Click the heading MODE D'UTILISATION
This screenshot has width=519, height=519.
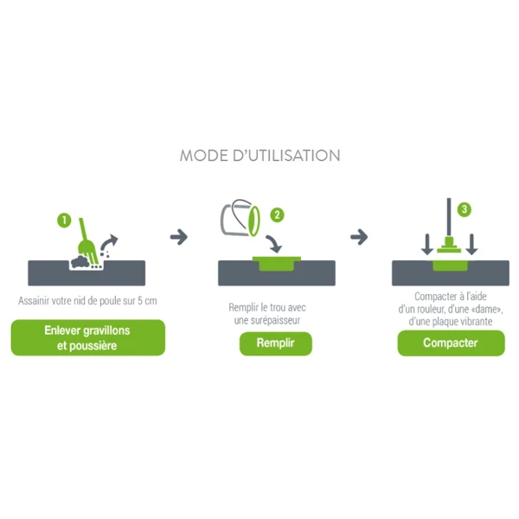(259, 156)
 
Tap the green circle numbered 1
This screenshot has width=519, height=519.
(64, 220)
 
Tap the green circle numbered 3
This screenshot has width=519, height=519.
(465, 209)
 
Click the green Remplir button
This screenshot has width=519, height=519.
(275, 343)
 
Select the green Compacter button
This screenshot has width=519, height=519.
(451, 343)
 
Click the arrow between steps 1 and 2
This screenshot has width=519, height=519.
(179, 236)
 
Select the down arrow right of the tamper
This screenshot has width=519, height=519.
(471, 245)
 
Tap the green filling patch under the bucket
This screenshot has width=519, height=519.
(276, 263)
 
